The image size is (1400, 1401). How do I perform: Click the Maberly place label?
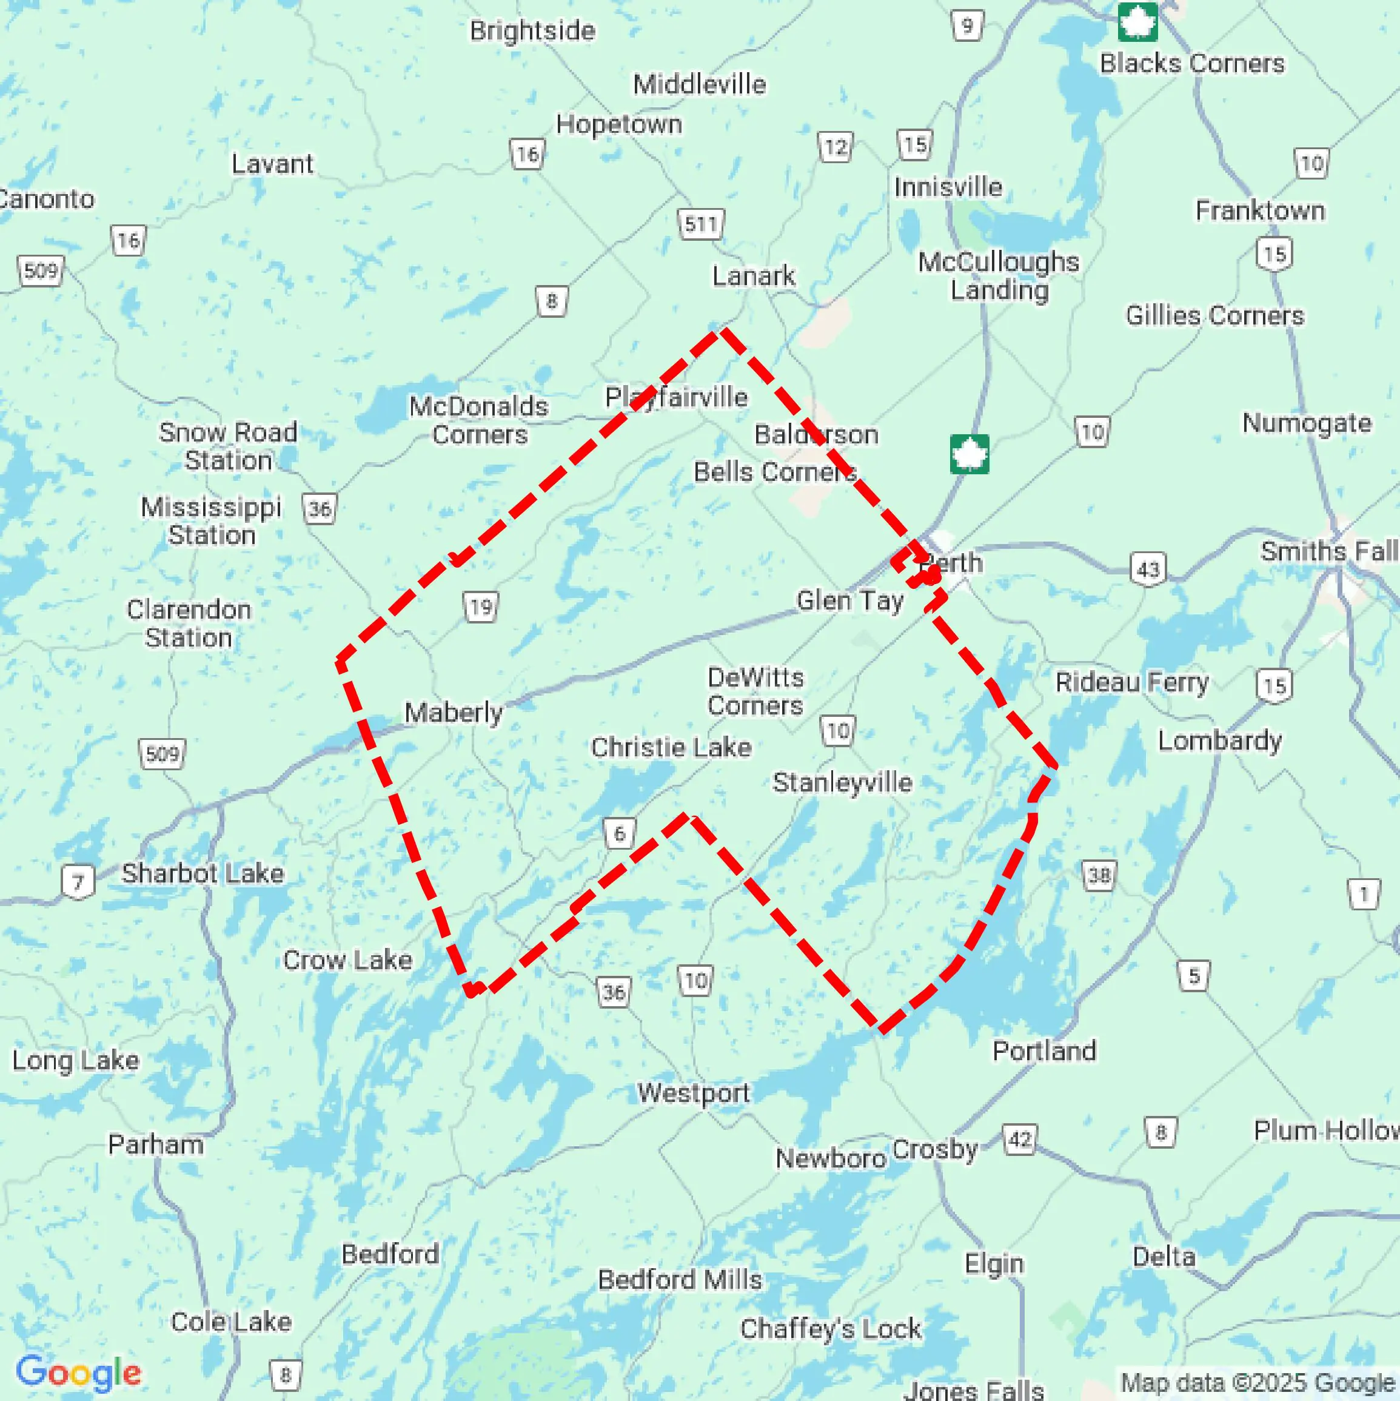pos(453,712)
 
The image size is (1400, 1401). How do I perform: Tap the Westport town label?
pos(693,1092)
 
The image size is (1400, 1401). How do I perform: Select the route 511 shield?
pos(700,223)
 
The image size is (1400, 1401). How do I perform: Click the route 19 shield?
pos(481,606)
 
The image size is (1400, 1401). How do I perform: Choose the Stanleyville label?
pos(842,782)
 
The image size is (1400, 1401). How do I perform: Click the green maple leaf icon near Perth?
pos(970,455)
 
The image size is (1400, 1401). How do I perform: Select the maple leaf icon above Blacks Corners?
pos(1137,22)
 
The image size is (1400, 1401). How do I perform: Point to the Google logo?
pos(78,1372)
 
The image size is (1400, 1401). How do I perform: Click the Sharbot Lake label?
pos(203,873)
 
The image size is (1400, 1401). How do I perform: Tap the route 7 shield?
pos(78,882)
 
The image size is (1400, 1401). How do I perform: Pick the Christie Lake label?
pos(671,747)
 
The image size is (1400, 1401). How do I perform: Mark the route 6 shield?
pos(619,833)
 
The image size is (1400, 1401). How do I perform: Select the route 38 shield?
pos(1099,875)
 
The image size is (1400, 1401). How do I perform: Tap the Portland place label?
pos(1044,1050)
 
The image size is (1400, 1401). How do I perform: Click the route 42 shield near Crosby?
pos(1019,1139)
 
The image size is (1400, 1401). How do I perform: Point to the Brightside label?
pos(532,30)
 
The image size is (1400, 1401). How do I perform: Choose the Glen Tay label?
pos(849,600)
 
